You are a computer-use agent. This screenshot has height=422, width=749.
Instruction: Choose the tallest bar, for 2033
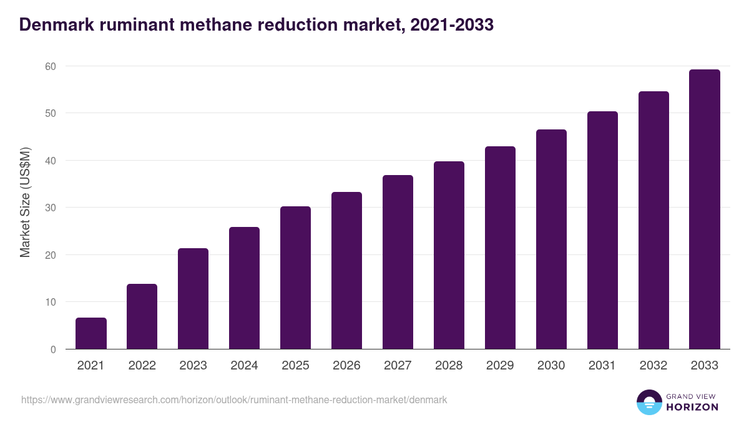(705, 209)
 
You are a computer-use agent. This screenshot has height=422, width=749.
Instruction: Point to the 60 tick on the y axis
(50, 66)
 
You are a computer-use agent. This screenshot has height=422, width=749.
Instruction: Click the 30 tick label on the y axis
(50, 208)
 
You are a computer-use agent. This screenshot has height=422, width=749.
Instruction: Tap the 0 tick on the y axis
(53, 349)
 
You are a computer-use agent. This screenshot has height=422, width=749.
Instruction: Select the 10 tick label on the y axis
(50, 302)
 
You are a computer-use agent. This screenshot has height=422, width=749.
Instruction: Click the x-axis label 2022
(142, 366)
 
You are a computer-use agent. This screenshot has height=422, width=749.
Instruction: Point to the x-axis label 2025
(295, 366)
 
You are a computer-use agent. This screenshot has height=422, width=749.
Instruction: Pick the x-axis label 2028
(449, 366)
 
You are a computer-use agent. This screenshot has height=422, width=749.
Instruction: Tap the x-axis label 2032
(654, 366)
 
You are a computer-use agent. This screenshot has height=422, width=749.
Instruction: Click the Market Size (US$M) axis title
(25, 202)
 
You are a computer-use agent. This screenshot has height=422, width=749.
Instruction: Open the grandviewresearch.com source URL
(234, 399)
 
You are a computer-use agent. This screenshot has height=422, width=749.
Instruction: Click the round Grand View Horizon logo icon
(649, 402)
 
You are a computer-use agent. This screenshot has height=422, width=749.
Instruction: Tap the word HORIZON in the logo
(693, 407)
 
